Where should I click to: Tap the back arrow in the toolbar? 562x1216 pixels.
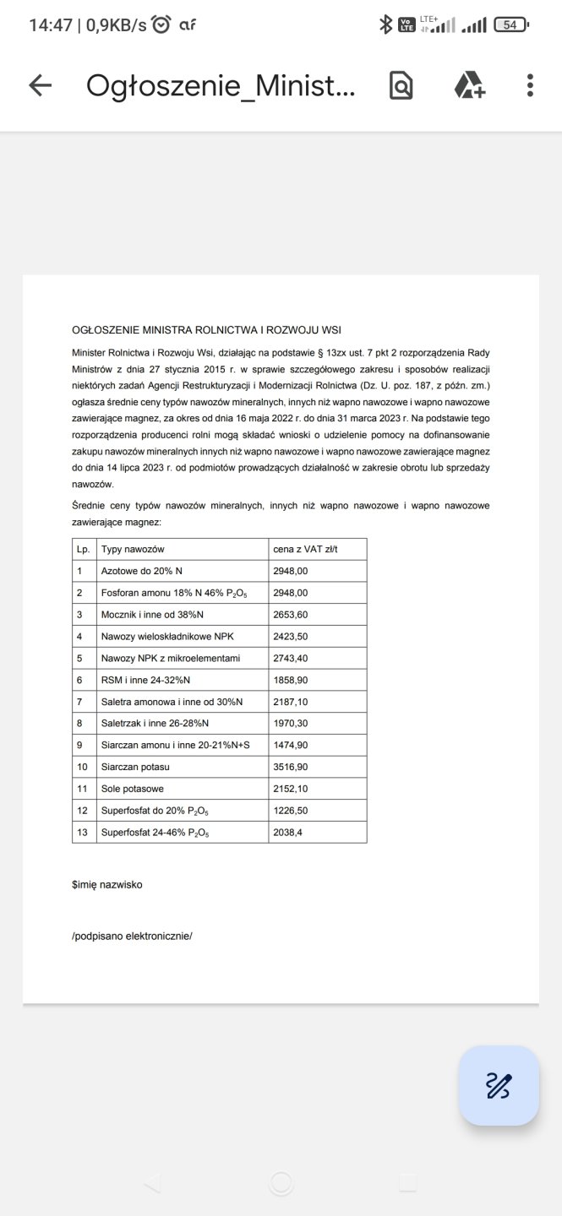41,85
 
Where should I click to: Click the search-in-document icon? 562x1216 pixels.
401,85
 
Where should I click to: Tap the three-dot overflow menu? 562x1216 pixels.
530,85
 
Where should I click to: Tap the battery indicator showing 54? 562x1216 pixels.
510,25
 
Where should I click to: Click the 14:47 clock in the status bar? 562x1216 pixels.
51,25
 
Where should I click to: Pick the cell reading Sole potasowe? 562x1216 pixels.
133,789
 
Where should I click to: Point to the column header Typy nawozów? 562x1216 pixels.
133,549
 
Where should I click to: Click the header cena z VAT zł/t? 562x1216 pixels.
308,549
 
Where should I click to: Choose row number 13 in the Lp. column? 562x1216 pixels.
83,833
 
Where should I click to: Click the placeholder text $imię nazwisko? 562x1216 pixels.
107,885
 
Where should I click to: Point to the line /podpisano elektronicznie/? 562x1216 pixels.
133,936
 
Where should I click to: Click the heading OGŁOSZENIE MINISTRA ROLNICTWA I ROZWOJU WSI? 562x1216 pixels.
207,329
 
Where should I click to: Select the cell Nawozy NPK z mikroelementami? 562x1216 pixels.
172,658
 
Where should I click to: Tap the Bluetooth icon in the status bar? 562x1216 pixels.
385,25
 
